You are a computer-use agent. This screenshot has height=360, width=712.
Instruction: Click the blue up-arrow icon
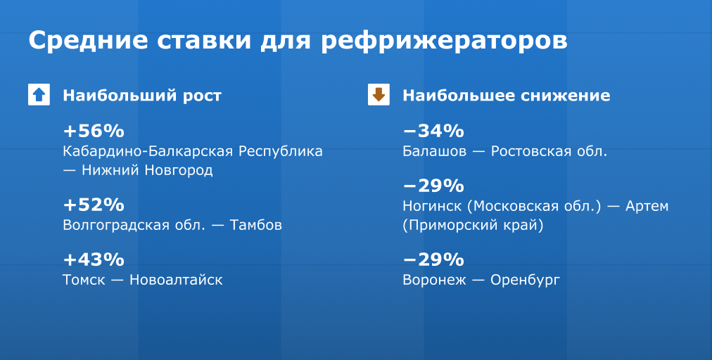coord(39,95)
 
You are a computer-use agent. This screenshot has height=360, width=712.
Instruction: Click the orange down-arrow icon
coord(379,95)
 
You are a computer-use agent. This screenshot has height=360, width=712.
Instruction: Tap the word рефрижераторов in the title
coord(444,41)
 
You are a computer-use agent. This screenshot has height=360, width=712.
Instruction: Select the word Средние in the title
coord(88,40)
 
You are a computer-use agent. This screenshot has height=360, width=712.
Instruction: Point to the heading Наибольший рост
coord(142,96)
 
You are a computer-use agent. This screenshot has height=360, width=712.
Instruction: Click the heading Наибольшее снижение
coord(507,96)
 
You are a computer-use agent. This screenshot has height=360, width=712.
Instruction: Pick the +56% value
coord(94,131)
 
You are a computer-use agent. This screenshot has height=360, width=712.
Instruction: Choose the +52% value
coord(94,205)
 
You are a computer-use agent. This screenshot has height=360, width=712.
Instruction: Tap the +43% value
coord(94,259)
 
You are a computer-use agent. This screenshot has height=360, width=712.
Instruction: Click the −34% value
coord(433,131)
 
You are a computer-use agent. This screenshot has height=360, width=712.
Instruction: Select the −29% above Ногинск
coord(433,186)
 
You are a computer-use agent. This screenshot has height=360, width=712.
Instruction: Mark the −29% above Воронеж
coord(433,259)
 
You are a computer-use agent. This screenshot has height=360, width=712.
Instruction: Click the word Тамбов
coord(255,225)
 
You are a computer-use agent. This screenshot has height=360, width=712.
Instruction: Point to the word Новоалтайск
coord(176,280)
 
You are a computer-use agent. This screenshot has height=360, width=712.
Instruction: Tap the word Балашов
coord(435,151)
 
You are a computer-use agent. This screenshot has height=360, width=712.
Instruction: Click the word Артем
coord(647,206)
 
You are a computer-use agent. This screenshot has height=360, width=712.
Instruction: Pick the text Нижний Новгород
coord(147,171)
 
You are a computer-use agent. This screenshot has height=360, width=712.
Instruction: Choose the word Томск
coord(84,280)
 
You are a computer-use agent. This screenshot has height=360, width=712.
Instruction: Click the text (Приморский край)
coord(473,226)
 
